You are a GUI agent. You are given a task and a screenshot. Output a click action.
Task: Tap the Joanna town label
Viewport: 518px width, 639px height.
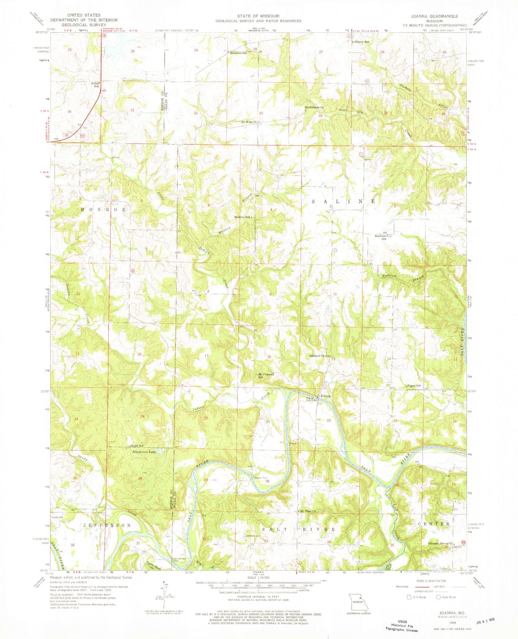(325, 396)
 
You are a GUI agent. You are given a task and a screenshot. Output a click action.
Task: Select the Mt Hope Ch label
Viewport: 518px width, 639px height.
(308, 511)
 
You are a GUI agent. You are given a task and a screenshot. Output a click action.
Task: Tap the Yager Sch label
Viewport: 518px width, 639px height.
(414, 386)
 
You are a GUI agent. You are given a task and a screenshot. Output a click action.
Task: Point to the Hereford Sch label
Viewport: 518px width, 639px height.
(238, 53)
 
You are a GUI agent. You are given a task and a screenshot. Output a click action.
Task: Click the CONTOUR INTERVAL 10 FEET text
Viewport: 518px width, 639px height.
(257, 598)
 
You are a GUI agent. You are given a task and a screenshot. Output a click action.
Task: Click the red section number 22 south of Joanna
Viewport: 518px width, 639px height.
(329, 420)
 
